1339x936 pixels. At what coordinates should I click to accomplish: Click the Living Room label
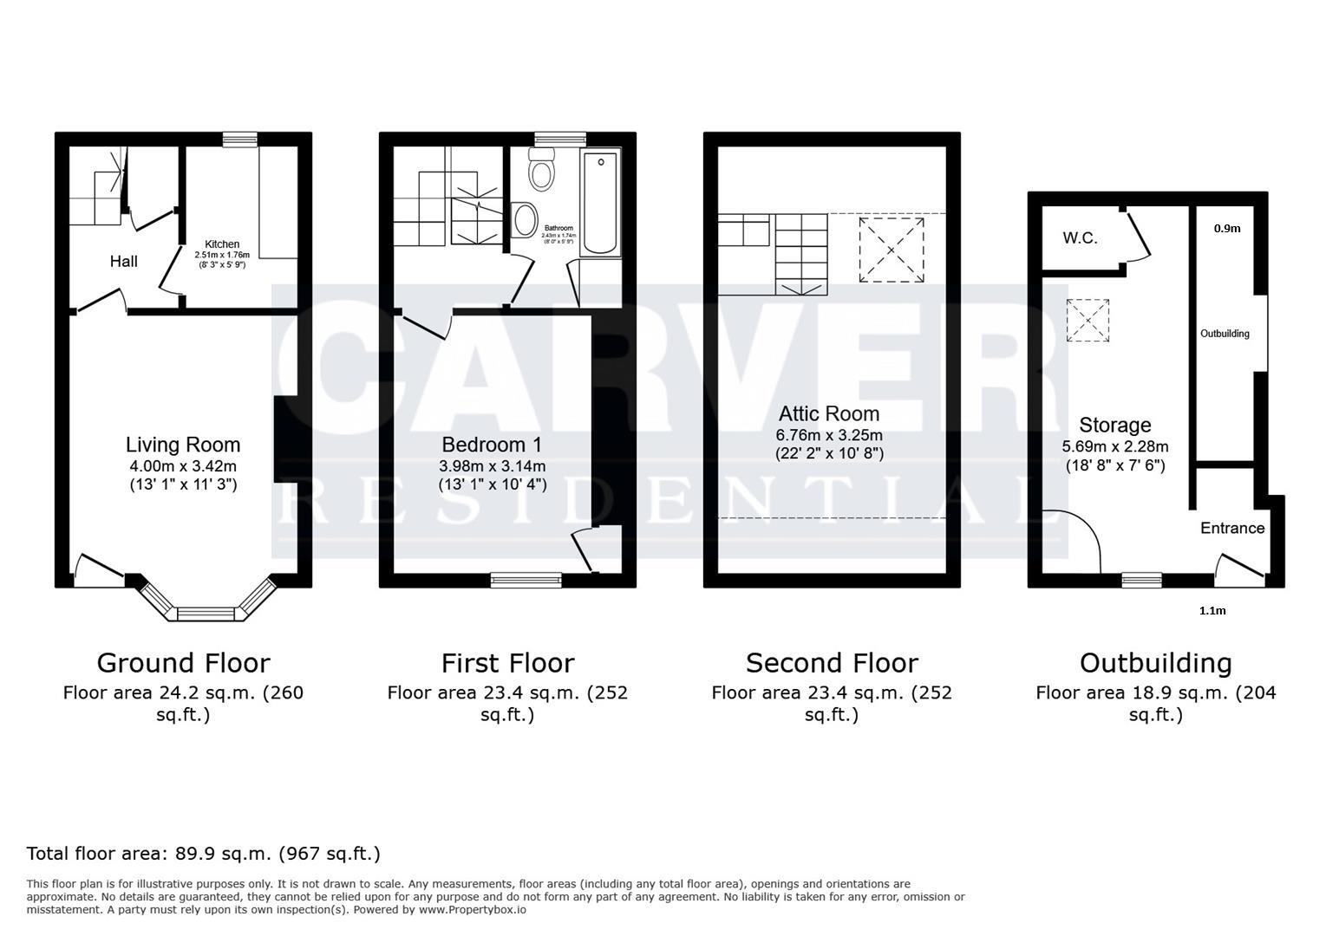(x=182, y=445)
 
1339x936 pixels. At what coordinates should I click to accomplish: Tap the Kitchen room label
(x=222, y=244)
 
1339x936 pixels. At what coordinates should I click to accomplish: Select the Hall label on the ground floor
(x=123, y=261)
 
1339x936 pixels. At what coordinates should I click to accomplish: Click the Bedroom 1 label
(x=492, y=445)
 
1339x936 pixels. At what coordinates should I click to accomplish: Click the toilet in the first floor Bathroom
(x=542, y=171)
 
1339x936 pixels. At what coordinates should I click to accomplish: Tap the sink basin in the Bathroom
(x=525, y=220)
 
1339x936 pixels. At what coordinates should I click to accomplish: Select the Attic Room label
(x=828, y=413)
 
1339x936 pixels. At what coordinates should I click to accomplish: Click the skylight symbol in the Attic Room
(x=892, y=250)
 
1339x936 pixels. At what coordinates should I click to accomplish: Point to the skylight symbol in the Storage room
(x=1088, y=320)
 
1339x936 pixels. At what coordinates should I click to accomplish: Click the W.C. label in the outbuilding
(x=1080, y=237)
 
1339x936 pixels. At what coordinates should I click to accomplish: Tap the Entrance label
(x=1231, y=528)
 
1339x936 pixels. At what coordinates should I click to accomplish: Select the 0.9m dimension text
(x=1226, y=229)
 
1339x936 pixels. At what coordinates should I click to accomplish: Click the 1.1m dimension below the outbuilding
(x=1212, y=610)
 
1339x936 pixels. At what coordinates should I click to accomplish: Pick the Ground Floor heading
(x=183, y=663)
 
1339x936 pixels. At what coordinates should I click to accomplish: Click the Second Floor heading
(x=832, y=663)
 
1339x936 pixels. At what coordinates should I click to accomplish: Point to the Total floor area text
(x=204, y=854)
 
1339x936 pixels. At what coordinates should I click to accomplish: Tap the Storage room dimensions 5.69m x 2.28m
(x=1115, y=447)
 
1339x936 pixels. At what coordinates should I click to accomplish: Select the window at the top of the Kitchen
(x=239, y=139)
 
